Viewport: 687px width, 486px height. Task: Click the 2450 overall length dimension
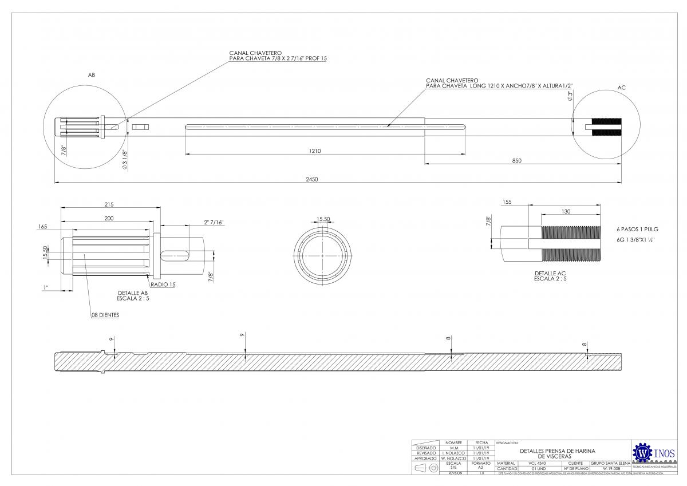pos(311,179)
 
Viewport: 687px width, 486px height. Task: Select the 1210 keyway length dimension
pos(314,151)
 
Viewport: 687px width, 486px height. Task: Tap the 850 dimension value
pos(516,161)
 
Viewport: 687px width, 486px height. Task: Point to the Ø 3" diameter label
pos(570,96)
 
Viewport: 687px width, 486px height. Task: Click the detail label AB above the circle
pos(91,75)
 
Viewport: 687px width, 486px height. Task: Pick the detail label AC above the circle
pos(622,88)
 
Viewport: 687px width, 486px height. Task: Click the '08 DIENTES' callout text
pos(105,315)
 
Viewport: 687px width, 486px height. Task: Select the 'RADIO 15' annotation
pos(163,285)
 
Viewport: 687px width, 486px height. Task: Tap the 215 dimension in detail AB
pos(109,204)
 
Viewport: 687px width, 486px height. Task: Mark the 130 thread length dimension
pos(566,212)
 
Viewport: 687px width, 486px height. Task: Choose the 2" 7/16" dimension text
pos(213,222)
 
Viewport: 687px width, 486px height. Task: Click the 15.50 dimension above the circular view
pos(323,219)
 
